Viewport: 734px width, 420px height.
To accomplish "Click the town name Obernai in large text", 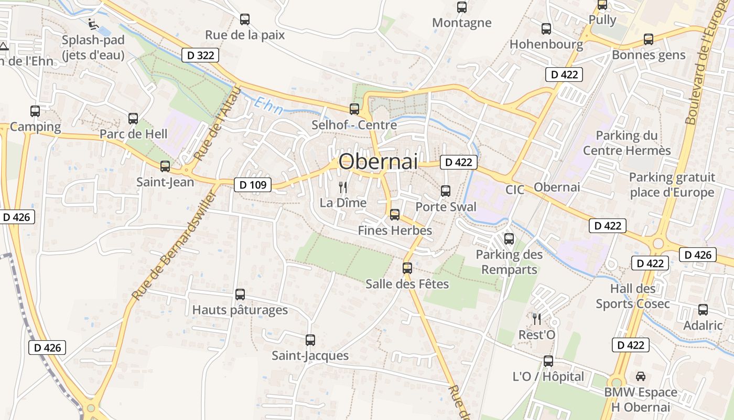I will click(x=378, y=162).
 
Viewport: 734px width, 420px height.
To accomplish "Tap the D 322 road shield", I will click(x=200, y=55).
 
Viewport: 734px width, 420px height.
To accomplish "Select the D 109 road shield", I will click(x=252, y=184).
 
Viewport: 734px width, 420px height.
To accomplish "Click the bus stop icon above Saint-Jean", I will click(x=165, y=166).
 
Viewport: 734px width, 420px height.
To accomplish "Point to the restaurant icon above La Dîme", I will click(x=343, y=187).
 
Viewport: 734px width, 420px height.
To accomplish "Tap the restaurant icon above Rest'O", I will click(x=536, y=319).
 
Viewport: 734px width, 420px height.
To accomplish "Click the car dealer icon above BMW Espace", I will click(x=640, y=376).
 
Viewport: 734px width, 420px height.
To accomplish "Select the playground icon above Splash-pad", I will click(x=93, y=24).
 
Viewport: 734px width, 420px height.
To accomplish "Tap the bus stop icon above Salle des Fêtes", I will click(x=407, y=268).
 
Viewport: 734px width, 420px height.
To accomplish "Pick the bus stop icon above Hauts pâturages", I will click(x=240, y=295).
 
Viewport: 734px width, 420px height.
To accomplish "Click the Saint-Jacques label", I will click(x=310, y=355).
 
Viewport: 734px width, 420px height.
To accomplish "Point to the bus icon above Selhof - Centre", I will click(x=354, y=109).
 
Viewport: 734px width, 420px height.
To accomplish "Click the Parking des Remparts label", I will click(x=509, y=262).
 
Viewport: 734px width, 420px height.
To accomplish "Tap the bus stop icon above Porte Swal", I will click(x=446, y=191).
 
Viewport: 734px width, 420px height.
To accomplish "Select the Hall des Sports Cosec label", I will click(x=632, y=296).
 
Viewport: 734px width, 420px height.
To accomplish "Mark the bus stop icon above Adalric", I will click(x=703, y=310).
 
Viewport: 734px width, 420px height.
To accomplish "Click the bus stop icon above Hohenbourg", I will click(x=546, y=29).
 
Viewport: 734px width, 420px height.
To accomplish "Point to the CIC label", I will click(x=514, y=190).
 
